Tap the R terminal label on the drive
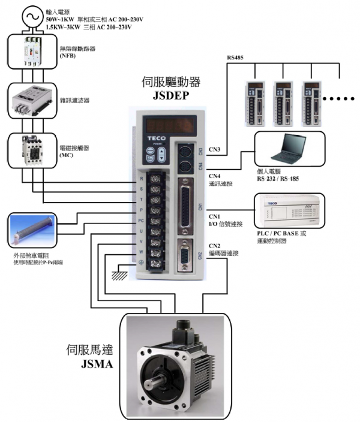[x=141, y=179]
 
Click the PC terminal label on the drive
[x=141, y=220]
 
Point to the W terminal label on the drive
[x=141, y=251]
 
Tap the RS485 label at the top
[x=236, y=58]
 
